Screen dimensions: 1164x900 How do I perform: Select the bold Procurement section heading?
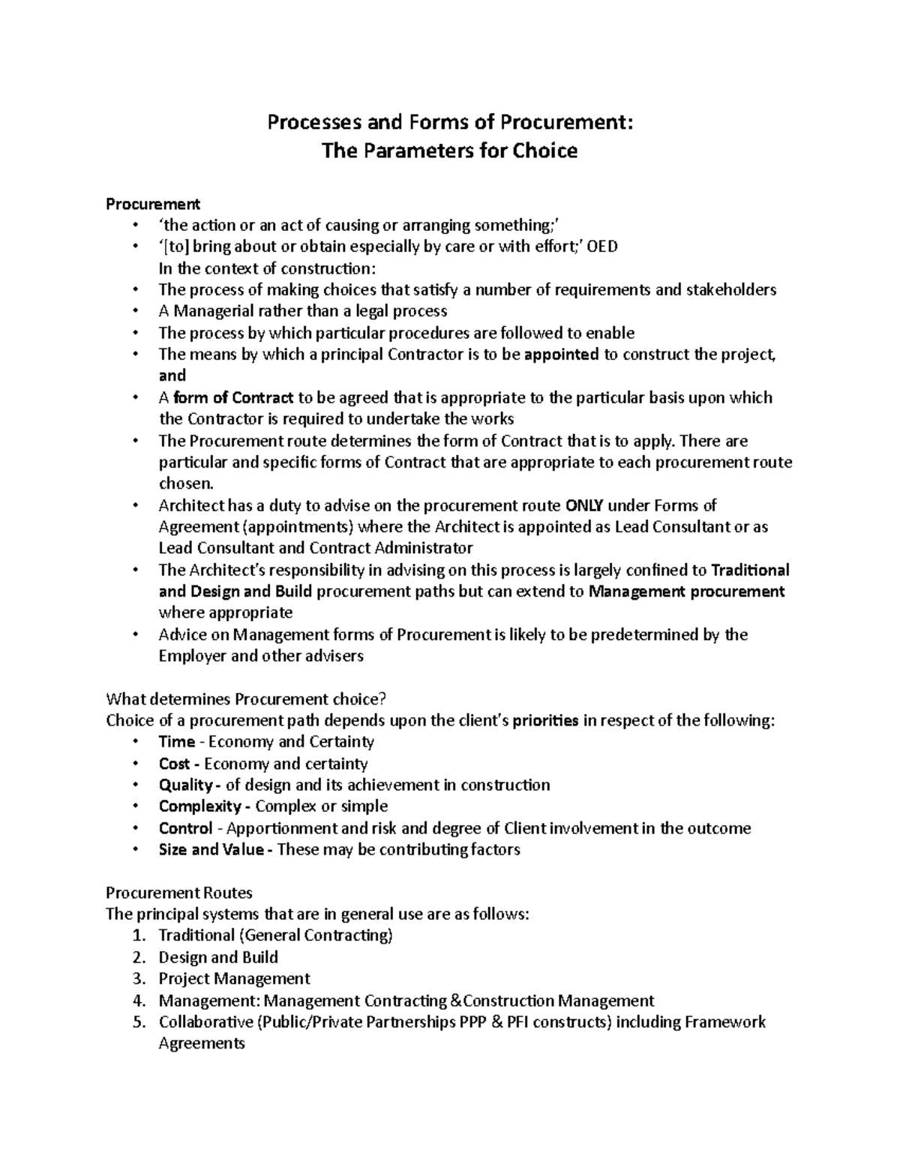click(153, 204)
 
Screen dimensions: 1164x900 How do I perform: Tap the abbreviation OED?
click(602, 247)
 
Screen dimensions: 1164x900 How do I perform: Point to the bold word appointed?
click(561, 355)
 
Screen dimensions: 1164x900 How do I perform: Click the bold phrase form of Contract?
click(233, 397)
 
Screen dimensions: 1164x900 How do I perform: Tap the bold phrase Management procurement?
click(686, 591)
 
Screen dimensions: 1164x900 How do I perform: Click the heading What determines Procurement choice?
click(246, 699)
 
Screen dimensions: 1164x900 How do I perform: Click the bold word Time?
click(176, 742)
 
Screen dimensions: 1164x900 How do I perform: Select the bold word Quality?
click(185, 785)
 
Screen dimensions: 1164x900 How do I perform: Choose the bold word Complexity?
click(199, 806)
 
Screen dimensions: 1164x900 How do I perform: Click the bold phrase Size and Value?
click(211, 849)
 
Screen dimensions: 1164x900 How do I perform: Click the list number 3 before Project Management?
click(137, 979)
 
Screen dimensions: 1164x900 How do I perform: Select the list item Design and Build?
click(218, 957)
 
